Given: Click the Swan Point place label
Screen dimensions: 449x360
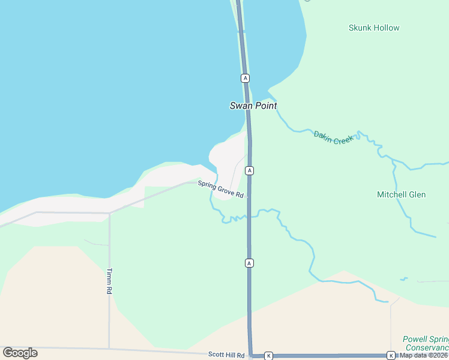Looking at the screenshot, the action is pyautogui.click(x=253, y=106).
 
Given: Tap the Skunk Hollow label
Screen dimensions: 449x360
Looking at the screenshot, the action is pyautogui.click(x=374, y=28).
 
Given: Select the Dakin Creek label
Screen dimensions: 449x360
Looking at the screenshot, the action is pyautogui.click(x=334, y=137).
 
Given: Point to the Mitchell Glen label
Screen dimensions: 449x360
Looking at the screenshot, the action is pyautogui.click(x=401, y=194).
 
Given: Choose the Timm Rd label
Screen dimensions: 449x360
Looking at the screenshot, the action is pyautogui.click(x=110, y=280).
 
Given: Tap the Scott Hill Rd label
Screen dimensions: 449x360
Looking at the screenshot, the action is pyautogui.click(x=226, y=355).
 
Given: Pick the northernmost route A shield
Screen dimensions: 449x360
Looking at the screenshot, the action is pyautogui.click(x=245, y=78).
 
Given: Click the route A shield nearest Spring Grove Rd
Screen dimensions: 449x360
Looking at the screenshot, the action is pyautogui.click(x=249, y=170).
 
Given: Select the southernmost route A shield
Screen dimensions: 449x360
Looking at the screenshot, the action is pyautogui.click(x=249, y=263).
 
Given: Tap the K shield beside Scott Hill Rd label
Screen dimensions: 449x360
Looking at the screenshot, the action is pyautogui.click(x=268, y=356).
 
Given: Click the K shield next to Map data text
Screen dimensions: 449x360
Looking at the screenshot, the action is pyautogui.click(x=391, y=355).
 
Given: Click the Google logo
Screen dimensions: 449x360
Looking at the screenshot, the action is pyautogui.click(x=20, y=353).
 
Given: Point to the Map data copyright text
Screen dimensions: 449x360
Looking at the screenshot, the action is pyautogui.click(x=424, y=355).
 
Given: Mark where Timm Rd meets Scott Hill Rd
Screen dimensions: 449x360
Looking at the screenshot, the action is pyautogui.click(x=109, y=349).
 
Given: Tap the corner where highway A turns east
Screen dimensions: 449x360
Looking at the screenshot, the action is pyautogui.click(x=251, y=355).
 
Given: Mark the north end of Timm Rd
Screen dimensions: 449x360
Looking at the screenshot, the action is pyautogui.click(x=109, y=213).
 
